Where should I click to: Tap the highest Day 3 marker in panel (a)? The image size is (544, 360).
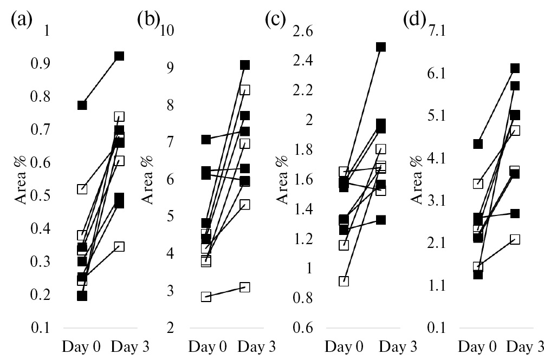119,56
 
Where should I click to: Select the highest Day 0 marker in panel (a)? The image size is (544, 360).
82,105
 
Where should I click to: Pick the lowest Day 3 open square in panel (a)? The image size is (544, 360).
119,246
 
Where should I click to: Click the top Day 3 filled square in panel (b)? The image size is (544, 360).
245,65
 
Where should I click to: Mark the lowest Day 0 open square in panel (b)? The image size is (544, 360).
206,297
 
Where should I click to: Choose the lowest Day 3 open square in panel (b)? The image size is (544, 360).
245,287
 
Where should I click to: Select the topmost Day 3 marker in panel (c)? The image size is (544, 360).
381,47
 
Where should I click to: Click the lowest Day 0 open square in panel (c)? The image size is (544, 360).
344,281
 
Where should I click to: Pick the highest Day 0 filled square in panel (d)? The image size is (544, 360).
478,144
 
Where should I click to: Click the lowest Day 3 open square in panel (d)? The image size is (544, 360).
515,239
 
